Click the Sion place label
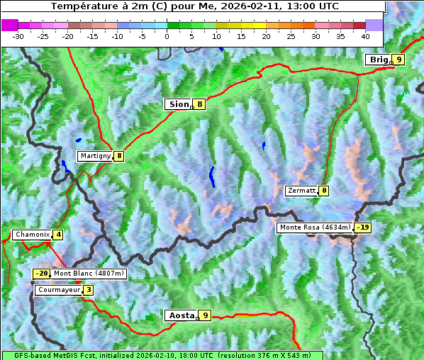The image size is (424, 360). [x=178, y=104]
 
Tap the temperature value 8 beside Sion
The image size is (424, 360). [x=200, y=104]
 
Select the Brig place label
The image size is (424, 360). [x=378, y=60]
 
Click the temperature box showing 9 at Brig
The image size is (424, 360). [x=398, y=60]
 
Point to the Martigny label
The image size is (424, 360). [x=96, y=156]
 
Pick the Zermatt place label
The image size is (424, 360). [x=301, y=191]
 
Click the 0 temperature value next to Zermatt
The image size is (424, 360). [x=324, y=191]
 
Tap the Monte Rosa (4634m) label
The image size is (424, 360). [x=315, y=227]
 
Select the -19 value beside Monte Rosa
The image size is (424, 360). [x=363, y=227]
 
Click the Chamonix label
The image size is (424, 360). [x=32, y=235]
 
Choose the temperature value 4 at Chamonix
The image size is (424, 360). [x=58, y=235]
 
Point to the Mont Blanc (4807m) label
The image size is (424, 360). [x=89, y=274]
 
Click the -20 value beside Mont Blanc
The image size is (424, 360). [x=42, y=274]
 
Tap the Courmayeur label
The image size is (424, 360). [x=58, y=290]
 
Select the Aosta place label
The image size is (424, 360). [x=180, y=315]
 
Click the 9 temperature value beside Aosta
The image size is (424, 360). [x=205, y=315]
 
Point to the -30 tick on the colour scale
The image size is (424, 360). [x=18, y=35]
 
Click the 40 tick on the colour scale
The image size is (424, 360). [x=365, y=35]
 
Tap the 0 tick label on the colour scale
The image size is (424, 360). [x=167, y=35]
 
